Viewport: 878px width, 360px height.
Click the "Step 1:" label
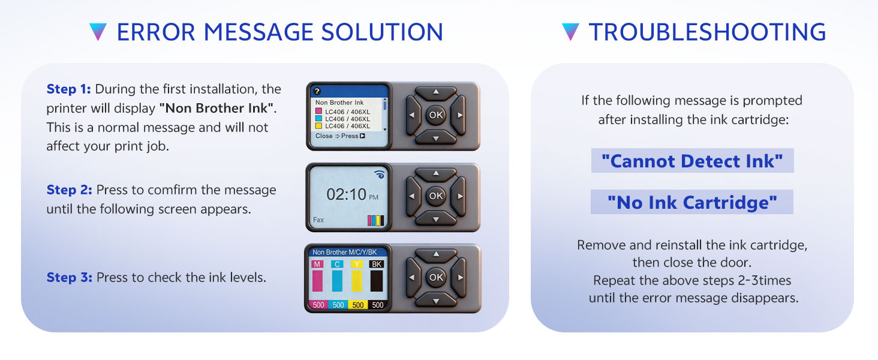(68, 89)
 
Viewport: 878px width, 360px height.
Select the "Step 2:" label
(69, 190)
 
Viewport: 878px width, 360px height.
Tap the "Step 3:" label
(69, 278)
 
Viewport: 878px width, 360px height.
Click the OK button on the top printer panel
(436, 115)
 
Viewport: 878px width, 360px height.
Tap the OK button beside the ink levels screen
(436, 277)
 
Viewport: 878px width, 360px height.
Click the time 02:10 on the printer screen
(346, 194)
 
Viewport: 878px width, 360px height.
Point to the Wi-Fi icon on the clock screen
(378, 175)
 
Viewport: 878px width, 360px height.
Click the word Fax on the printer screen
(318, 220)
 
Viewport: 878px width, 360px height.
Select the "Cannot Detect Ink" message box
(692, 161)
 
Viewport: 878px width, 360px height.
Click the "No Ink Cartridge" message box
(692, 202)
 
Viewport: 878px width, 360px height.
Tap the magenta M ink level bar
(318, 280)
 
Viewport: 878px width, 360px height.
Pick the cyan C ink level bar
(337, 280)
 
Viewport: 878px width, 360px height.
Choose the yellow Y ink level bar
(357, 280)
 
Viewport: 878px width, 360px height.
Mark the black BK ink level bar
(376, 280)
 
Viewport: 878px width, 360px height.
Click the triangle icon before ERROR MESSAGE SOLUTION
(97, 32)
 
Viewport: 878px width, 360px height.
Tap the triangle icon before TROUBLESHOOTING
(570, 32)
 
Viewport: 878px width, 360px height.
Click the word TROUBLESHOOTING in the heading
(707, 32)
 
